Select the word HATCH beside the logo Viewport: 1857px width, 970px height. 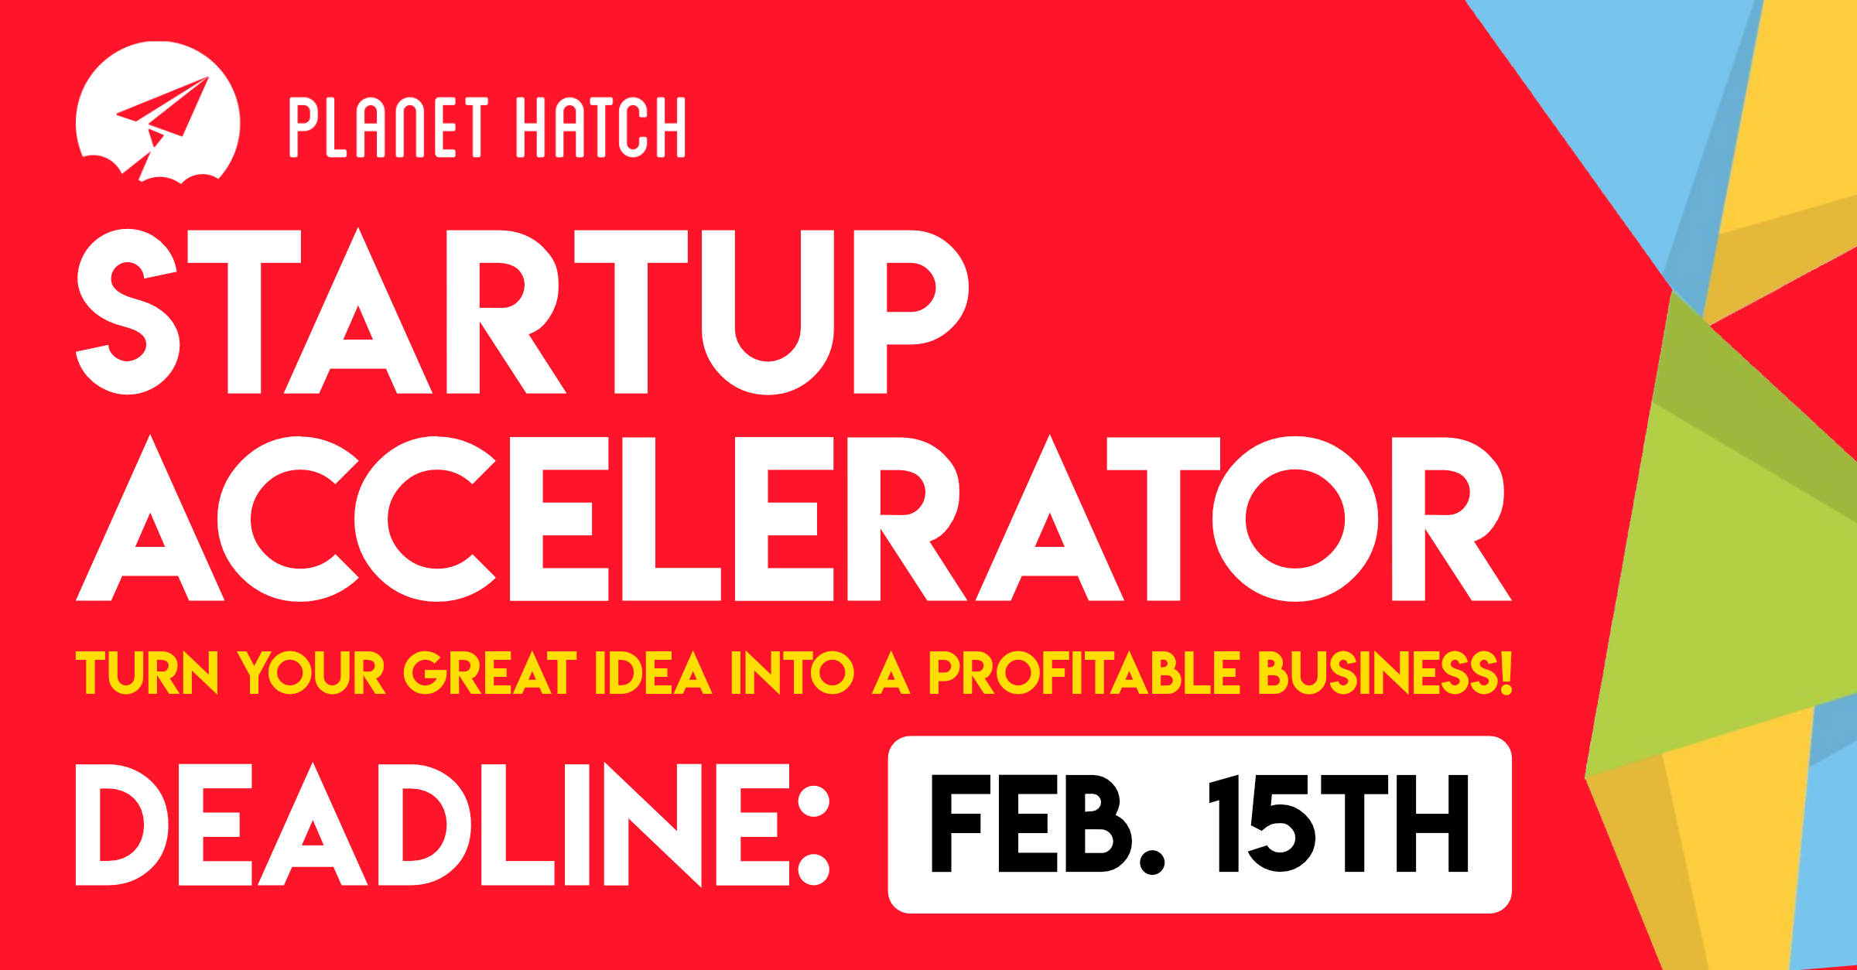tap(600, 128)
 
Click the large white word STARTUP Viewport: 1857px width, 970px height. tap(522, 312)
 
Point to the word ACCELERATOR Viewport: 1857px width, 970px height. tap(793, 519)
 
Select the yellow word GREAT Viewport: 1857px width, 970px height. tap(491, 673)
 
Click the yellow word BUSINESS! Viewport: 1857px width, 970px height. tap(1385, 673)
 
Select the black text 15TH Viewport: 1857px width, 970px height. tap(1339, 825)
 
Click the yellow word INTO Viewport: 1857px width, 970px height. tap(792, 673)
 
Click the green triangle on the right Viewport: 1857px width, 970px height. tap(1725, 557)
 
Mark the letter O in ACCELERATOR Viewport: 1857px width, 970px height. tap(1294, 519)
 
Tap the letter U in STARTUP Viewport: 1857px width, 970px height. tap(768, 312)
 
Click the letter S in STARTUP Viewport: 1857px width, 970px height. tap(128, 312)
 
